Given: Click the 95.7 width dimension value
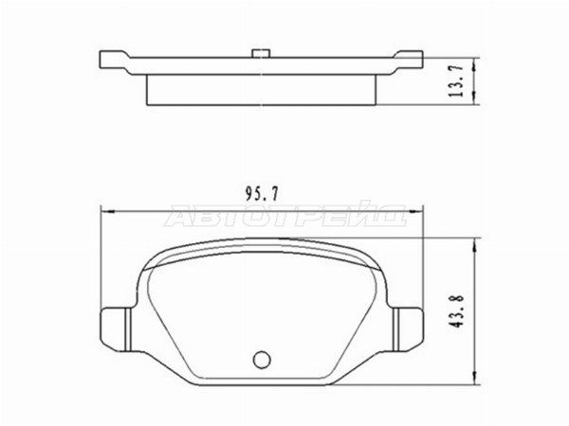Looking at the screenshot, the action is coord(262,194).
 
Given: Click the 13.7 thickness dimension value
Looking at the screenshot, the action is coord(456,80).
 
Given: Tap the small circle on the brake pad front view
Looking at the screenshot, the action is coord(262,360).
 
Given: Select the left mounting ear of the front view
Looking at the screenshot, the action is coord(116,329).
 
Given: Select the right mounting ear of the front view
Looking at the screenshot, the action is coord(408,329).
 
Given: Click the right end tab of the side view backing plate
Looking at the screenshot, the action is coord(409,61).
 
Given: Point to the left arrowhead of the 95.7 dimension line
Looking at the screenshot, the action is coord(107,211).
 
